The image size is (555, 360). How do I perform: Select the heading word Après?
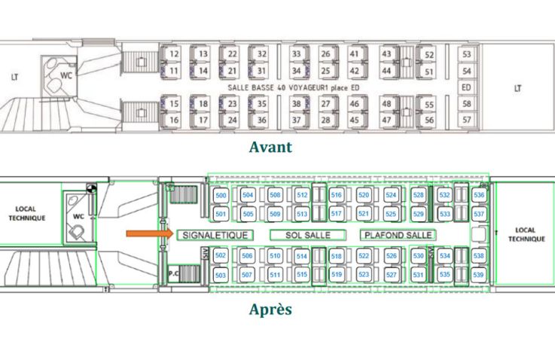coord(270,310)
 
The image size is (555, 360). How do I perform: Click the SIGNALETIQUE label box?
coord(215,235)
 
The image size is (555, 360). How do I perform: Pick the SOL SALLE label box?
coord(307,235)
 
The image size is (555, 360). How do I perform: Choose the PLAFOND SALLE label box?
coord(397,235)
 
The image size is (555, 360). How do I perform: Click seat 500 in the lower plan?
coord(221,196)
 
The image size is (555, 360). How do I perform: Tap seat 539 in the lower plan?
coord(479,275)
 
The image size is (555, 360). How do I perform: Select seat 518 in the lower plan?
coord(337,256)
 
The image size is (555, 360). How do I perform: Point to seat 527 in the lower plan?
coord(391,275)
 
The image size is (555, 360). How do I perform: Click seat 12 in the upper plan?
coord(174,54)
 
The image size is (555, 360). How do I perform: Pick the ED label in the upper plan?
coord(467,87)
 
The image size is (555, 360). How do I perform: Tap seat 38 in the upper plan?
coord(297,104)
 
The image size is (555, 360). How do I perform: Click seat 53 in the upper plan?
coord(467,54)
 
